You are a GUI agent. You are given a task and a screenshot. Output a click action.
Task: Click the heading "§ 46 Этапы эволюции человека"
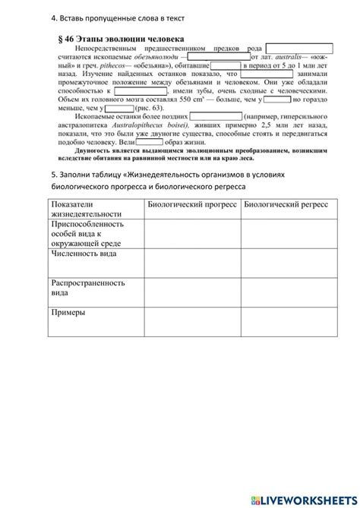coord(121,36)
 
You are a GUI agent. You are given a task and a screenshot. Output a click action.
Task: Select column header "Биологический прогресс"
coord(192,204)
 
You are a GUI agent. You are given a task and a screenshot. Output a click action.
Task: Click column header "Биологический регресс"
coord(286,204)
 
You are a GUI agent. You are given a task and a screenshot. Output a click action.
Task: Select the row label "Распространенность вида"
coord(87,287)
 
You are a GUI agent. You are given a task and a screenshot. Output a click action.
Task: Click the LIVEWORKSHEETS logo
coord(300,496)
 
